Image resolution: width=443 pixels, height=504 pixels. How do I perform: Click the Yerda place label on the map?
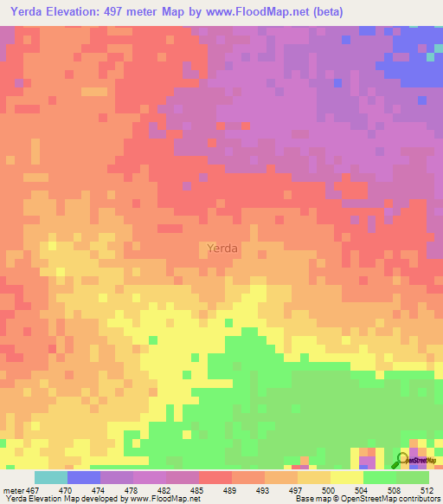coord(223,249)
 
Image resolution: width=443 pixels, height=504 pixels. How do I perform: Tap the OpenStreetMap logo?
coord(418,460)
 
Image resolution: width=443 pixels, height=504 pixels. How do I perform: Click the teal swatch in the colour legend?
coord(50,477)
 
